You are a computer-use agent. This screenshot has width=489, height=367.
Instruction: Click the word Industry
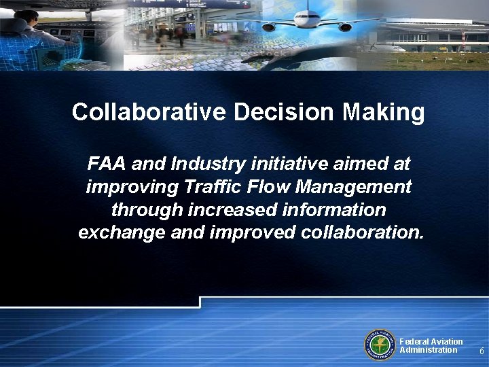211,164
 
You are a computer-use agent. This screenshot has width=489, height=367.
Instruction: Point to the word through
145,209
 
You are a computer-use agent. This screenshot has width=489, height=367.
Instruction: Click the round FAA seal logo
381,346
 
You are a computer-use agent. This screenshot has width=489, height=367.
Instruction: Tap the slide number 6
482,351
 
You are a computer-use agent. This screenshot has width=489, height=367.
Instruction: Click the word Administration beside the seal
428,350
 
